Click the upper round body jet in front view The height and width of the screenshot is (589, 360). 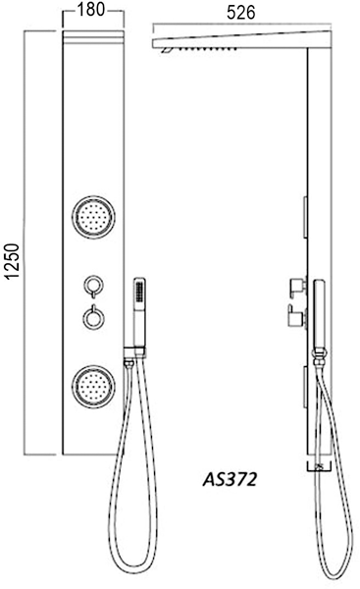91,217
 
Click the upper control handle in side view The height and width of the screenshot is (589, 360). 296,287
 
